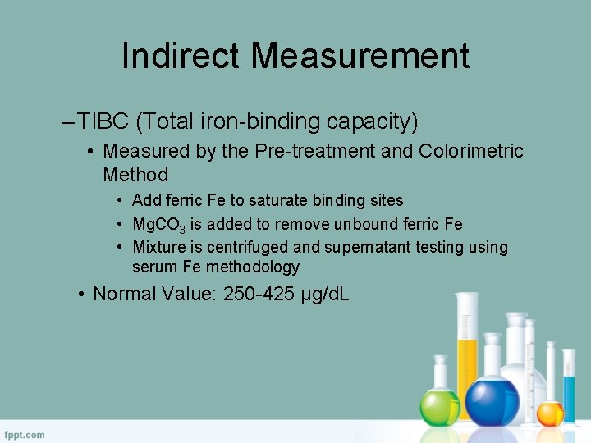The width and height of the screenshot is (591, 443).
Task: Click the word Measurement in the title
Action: (x=360, y=56)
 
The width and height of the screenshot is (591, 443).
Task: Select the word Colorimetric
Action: (x=471, y=152)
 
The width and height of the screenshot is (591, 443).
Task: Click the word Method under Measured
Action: (x=135, y=175)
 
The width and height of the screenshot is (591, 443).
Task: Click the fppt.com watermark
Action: (x=25, y=434)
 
